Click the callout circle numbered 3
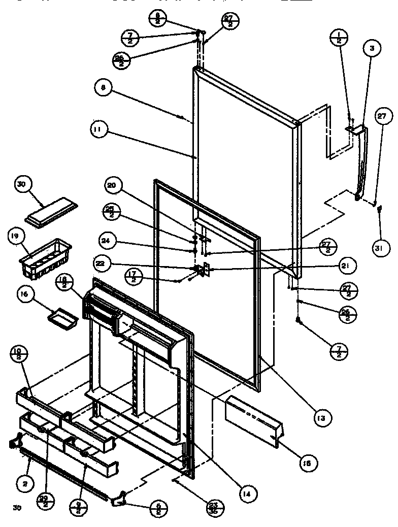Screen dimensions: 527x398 [372, 49]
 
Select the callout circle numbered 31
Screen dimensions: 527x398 [381, 248]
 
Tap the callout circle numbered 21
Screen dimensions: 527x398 [347, 265]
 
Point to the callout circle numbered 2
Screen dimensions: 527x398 [24, 485]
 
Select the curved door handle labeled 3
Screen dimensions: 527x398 [361, 162]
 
